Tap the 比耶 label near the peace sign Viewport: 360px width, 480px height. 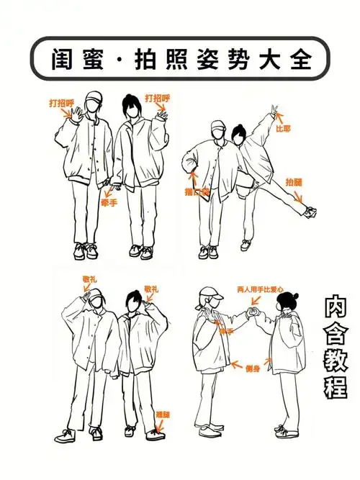(283, 130)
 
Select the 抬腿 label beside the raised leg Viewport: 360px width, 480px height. (294, 182)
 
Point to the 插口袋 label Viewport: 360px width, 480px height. (196, 193)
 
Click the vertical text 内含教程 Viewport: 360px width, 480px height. (335, 348)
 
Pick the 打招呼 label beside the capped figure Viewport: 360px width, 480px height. (61, 103)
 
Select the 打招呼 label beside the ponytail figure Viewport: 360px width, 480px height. (156, 98)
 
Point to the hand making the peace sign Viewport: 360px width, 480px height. (273, 113)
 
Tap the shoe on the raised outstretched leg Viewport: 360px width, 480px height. (310, 211)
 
